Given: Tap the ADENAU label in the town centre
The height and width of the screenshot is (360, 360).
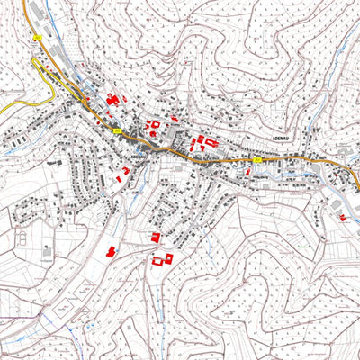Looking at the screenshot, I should (x=138, y=156).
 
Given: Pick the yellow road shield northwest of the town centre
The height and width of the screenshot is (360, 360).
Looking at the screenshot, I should (x=117, y=131).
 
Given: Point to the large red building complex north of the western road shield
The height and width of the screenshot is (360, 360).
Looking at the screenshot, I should (x=114, y=99).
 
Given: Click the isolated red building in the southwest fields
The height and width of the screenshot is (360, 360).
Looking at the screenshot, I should (x=112, y=251).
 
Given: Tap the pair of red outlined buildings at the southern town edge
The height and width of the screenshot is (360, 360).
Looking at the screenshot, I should (x=162, y=259).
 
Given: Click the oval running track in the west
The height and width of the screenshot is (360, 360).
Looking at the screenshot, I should (x=20, y=238).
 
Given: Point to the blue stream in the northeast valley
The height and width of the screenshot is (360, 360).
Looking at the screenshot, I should (x=337, y=72).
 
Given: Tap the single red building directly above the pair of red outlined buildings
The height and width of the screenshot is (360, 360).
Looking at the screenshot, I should (x=155, y=237).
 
